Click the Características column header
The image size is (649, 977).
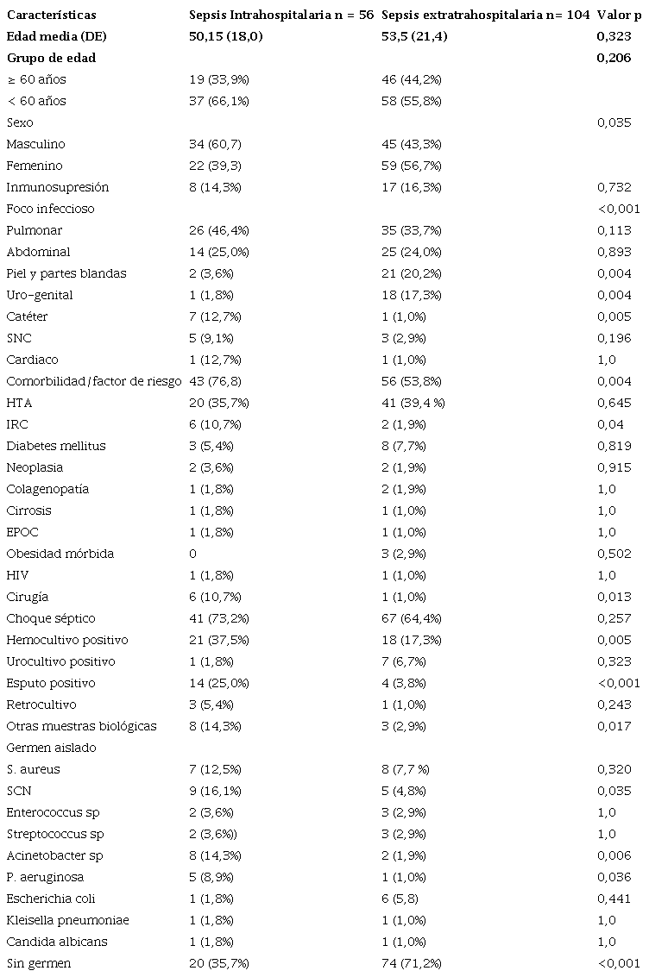(x=51, y=15)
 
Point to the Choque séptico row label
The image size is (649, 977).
(x=51, y=618)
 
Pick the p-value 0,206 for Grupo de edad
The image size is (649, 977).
(x=614, y=58)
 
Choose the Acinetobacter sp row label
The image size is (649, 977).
(x=54, y=855)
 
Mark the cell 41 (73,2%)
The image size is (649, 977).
(x=220, y=618)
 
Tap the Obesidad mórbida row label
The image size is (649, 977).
(x=60, y=554)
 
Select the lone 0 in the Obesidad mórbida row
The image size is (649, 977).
(x=192, y=554)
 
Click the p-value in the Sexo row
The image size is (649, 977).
(x=614, y=122)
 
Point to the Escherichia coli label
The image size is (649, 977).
(x=51, y=899)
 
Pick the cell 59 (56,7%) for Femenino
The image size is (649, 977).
(x=411, y=166)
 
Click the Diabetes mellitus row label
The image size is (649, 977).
(x=56, y=446)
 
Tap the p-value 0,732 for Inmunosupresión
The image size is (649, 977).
(x=614, y=187)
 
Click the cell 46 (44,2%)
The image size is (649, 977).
(x=411, y=79)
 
